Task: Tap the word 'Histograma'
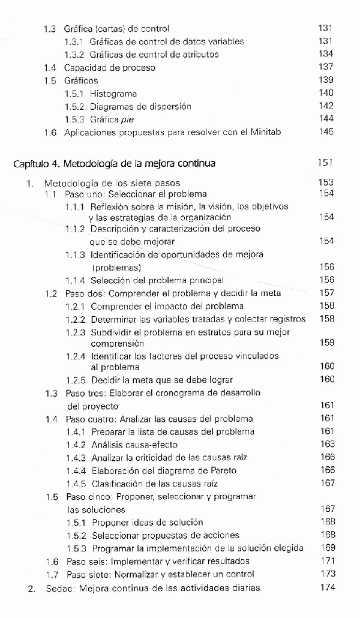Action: pyautogui.click(x=113, y=94)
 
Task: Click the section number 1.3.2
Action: pyautogui.click(x=75, y=55)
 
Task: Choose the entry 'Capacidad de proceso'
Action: pyautogui.click(x=109, y=68)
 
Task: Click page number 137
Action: pyautogui.click(x=326, y=67)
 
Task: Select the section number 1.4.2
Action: pyautogui.click(x=76, y=445)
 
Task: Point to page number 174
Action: pyautogui.click(x=326, y=588)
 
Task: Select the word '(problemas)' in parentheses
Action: pyautogui.click(x=117, y=267)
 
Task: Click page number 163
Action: pyautogui.click(x=327, y=445)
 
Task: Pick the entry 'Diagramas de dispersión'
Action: pyautogui.click(x=141, y=107)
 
